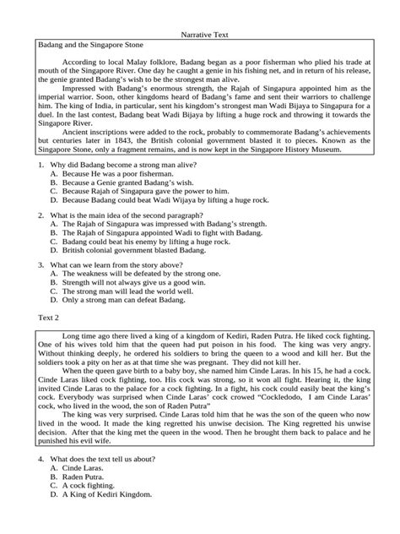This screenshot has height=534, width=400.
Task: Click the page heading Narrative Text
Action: [199, 36]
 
